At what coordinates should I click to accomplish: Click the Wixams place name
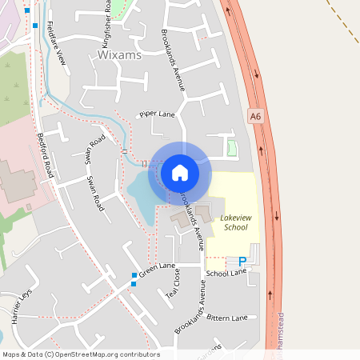point(118,55)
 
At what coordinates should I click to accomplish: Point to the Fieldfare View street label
point(56,42)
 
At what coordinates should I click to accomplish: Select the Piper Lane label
point(157,114)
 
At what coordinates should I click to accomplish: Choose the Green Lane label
point(157,270)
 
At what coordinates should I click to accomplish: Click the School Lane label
point(226,274)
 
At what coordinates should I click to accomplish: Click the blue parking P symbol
point(242,260)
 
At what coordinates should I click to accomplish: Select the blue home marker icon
point(180,172)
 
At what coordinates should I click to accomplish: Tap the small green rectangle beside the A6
point(232,148)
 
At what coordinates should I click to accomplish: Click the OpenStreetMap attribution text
point(82,354)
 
